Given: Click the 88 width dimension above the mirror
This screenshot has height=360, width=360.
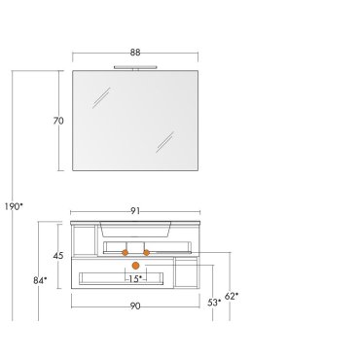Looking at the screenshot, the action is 135,53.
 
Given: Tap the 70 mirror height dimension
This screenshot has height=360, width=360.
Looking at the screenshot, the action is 58,121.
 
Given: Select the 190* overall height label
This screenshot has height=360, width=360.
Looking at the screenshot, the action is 14,206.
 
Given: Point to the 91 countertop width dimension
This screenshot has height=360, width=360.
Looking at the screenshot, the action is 135,211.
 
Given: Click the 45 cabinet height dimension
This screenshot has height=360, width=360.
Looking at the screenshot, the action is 58,256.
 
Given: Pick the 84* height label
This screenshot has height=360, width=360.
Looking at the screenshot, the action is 40,280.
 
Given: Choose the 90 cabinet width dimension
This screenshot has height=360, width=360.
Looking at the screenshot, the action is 135,306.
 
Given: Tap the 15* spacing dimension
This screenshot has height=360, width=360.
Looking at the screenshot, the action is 135,278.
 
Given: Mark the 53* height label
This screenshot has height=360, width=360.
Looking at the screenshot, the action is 214,303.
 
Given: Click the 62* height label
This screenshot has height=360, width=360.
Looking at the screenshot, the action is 232,296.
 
